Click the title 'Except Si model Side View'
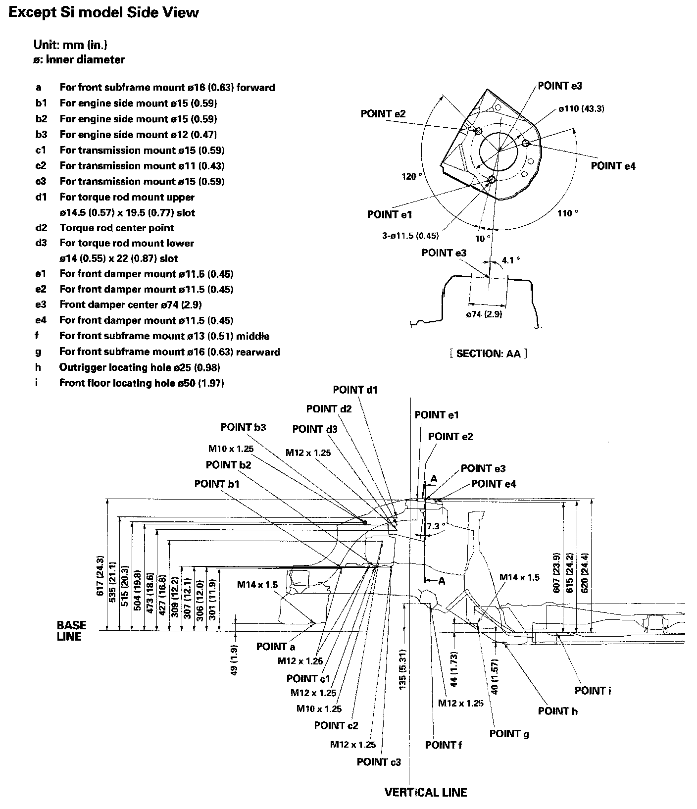(x=103, y=13)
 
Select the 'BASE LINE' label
(x=71, y=631)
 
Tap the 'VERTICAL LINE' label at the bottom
(x=425, y=792)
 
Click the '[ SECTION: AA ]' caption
(x=488, y=354)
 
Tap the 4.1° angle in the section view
(x=510, y=259)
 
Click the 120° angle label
(x=412, y=177)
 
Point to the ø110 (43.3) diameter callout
(x=581, y=108)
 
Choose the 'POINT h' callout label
(x=557, y=711)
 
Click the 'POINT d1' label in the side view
(x=355, y=390)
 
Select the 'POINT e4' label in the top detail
(x=613, y=166)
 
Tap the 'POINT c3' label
(x=379, y=761)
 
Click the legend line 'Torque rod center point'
(x=116, y=228)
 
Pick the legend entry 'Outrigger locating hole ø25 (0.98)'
(x=139, y=367)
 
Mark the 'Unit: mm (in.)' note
(x=70, y=45)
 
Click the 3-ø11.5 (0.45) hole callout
(x=410, y=236)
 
